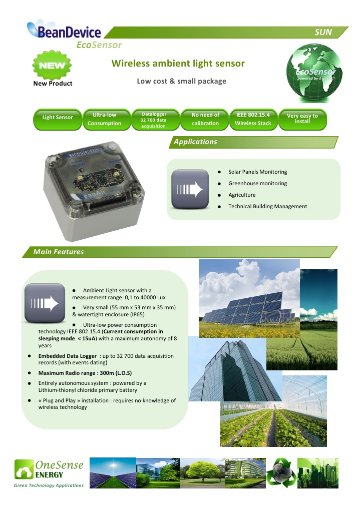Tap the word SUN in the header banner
(323, 32)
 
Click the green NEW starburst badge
(52, 65)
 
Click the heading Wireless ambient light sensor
(178, 63)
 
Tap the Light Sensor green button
(58, 120)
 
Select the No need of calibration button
(205, 120)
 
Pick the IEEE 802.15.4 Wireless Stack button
(253, 120)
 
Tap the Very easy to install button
(302, 120)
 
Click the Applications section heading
(195, 142)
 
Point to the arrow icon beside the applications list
(190, 189)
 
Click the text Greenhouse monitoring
(257, 183)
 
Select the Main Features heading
(59, 252)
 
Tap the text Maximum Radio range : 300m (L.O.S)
(85, 373)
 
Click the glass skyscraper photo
(235, 369)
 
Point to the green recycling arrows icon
(281, 472)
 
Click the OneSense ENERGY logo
(49, 473)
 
